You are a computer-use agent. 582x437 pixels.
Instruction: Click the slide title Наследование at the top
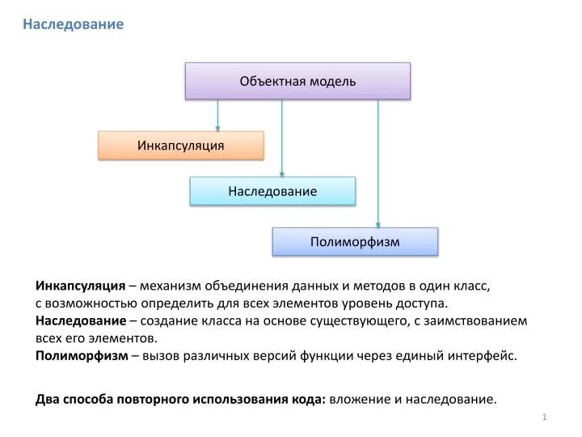pos(73,24)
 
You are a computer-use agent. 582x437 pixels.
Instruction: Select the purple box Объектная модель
pos(297,81)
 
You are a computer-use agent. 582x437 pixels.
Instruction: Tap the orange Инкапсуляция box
pos(181,145)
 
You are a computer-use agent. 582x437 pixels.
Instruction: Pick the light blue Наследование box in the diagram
pos(272,191)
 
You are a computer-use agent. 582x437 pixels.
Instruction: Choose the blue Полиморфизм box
pos(355,241)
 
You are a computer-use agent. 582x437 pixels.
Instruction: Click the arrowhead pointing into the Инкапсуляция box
pos(217,127)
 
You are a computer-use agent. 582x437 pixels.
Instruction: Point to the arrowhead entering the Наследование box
pos(282,173)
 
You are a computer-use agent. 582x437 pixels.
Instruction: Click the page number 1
pos(546,416)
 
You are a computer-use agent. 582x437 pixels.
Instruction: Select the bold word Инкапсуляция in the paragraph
pos(80,286)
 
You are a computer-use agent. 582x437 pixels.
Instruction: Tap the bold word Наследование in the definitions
pos(80,320)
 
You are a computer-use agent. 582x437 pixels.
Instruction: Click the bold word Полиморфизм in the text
pos(82,355)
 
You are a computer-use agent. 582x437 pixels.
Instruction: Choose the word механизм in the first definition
pos(170,286)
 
